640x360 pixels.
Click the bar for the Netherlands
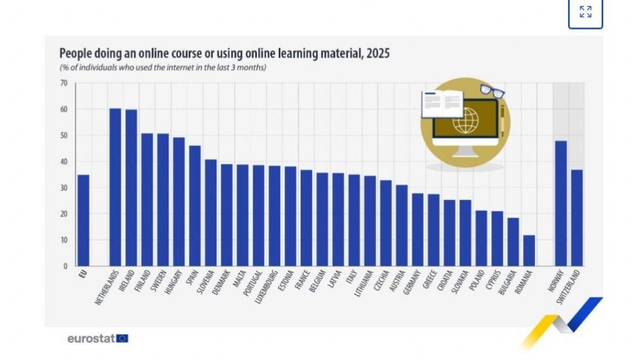(115, 187)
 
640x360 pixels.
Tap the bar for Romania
(529, 251)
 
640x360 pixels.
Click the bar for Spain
(195, 206)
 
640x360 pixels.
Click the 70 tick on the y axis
(63, 83)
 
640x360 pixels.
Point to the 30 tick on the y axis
(63, 187)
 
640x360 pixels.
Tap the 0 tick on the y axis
(65, 266)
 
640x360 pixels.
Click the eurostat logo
(97, 338)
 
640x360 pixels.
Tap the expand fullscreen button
(585, 12)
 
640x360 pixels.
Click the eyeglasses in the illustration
(492, 92)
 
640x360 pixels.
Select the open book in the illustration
(442, 104)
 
